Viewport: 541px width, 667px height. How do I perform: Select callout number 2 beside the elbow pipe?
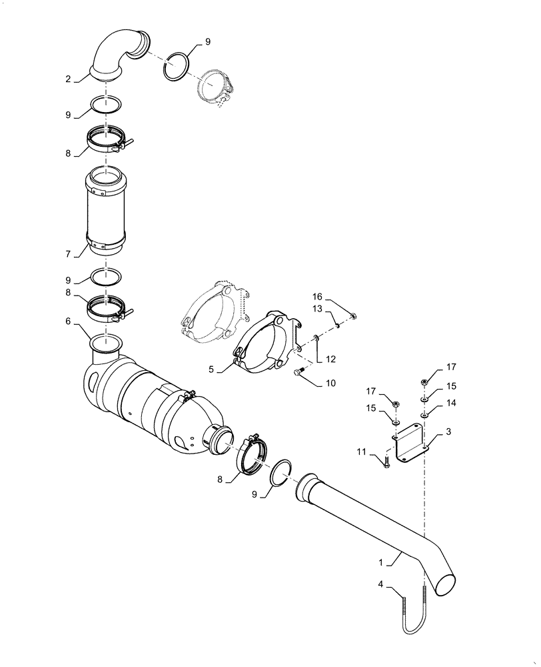tap(68, 79)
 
